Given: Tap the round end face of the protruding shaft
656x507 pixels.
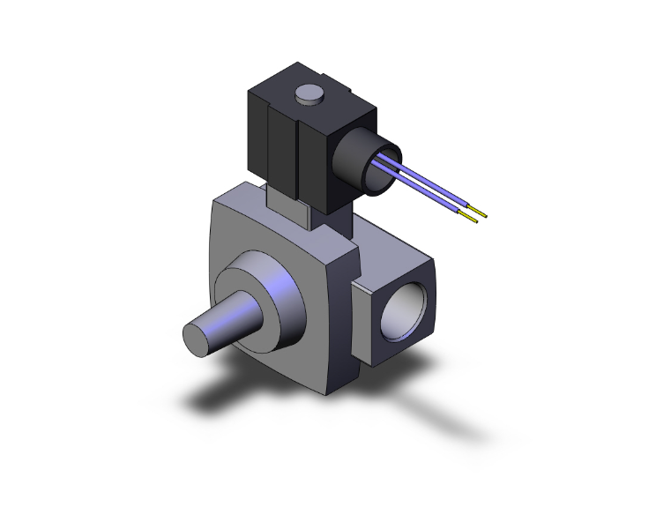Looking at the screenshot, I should coord(199,336).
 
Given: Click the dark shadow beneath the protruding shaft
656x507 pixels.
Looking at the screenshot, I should coord(220,392).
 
